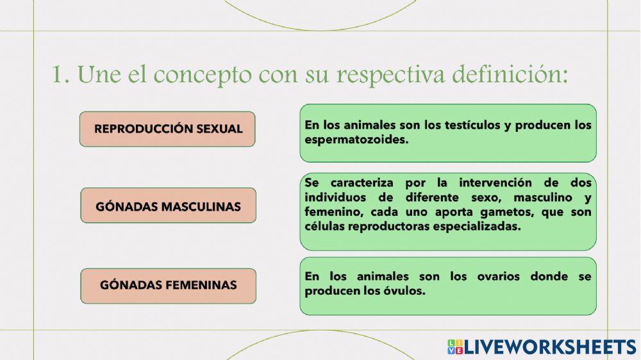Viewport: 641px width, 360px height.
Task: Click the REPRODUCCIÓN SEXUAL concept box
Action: click(168, 129)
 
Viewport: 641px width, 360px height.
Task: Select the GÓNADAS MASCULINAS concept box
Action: click(168, 206)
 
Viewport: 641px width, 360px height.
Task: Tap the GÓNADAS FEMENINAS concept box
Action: click(168, 286)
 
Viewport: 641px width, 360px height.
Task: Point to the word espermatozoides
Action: click(356, 140)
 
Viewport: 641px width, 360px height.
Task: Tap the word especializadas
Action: click(476, 227)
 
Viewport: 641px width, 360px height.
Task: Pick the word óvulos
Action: click(406, 291)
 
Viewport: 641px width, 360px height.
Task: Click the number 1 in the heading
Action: click(59, 74)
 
